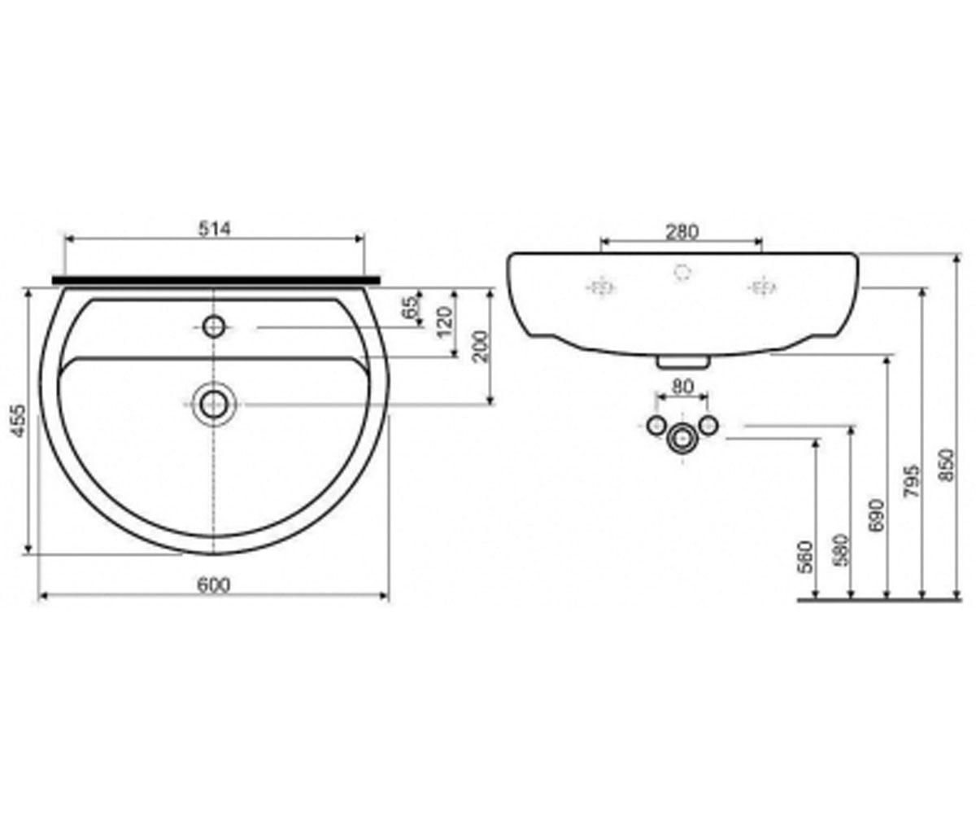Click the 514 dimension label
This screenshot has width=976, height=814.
click(215, 229)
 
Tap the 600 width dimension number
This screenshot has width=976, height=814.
click(214, 584)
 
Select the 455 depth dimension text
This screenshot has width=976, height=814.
click(19, 421)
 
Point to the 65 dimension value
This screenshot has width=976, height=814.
click(411, 308)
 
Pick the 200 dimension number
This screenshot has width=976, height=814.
click(480, 346)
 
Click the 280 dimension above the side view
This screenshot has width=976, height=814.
click(682, 232)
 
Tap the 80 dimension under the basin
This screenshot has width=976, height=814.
click(682, 387)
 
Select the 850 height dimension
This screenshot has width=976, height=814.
click(947, 465)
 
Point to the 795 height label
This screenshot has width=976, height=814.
click(912, 481)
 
